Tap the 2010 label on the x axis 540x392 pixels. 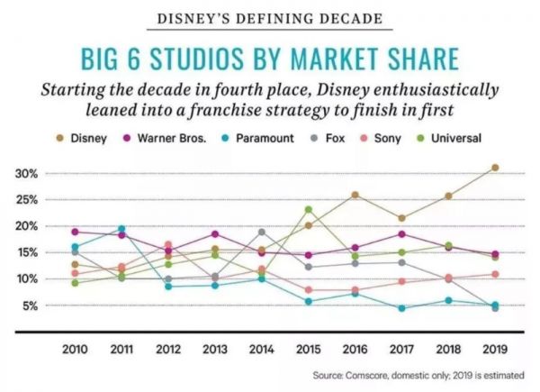tap(75, 347)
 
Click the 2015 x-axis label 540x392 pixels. tap(308, 347)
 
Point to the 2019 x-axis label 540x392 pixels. tap(494, 347)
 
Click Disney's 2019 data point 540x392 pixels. tap(495, 168)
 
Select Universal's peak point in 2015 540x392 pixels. tap(308, 209)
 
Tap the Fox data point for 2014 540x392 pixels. tap(262, 232)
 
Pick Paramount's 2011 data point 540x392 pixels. tap(121, 229)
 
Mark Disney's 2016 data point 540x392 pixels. tap(355, 195)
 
